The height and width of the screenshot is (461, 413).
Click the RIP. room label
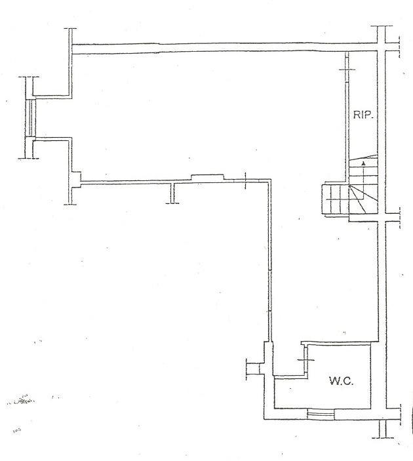tap(363, 114)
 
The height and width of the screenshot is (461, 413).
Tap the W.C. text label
tap(341, 381)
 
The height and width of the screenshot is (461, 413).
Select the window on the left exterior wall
tap(31, 117)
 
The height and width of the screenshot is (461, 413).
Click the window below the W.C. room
tap(321, 414)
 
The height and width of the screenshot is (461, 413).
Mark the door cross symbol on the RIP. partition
tap(347, 70)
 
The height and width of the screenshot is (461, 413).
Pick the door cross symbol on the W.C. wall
tap(306, 359)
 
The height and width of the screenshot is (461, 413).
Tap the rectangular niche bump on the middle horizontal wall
tap(207, 177)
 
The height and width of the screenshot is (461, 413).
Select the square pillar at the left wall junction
tap(76, 180)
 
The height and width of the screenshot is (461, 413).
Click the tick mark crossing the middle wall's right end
tap(245, 180)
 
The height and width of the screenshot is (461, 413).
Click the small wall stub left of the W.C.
tap(253, 369)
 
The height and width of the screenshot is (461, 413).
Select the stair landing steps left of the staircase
tap(336, 199)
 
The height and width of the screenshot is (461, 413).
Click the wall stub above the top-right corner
tap(382, 34)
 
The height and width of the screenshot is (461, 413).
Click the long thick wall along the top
tap(225, 49)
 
